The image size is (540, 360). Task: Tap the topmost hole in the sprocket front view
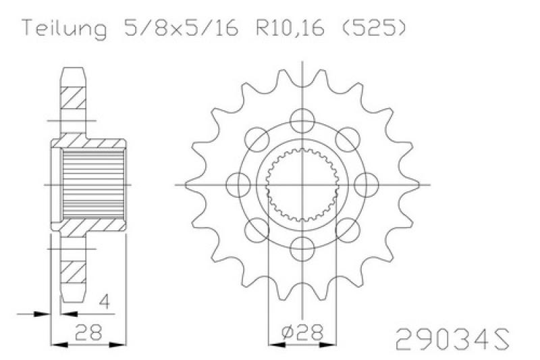301,120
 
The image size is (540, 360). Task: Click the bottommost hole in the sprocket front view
301,245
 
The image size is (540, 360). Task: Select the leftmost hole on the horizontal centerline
238,183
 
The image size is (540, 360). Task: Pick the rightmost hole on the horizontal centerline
364,183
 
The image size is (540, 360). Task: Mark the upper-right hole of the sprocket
346,138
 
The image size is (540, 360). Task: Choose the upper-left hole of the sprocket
256,138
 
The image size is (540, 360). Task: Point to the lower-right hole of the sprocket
346,228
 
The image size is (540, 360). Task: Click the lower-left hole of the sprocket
256,228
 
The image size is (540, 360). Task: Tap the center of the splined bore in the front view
301,183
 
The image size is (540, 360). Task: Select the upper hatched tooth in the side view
74,101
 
